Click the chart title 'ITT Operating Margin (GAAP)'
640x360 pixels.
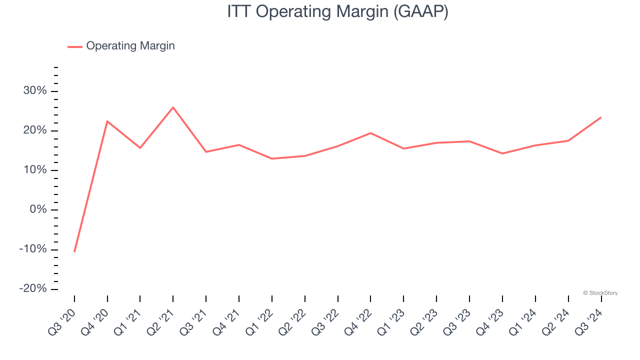tap(337, 11)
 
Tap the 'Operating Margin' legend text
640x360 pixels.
tap(130, 46)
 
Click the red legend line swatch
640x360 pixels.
tap(75, 46)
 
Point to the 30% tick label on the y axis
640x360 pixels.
tap(34, 91)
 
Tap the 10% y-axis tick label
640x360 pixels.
tap(34, 170)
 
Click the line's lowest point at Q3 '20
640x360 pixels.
tap(74, 251)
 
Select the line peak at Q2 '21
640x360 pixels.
tap(173, 107)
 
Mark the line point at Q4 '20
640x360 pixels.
tap(107, 121)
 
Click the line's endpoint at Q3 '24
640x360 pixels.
tap(601, 117)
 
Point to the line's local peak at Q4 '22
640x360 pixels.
tap(370, 133)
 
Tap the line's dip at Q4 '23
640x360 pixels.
tap(502, 153)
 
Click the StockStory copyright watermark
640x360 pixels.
tap(600, 293)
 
